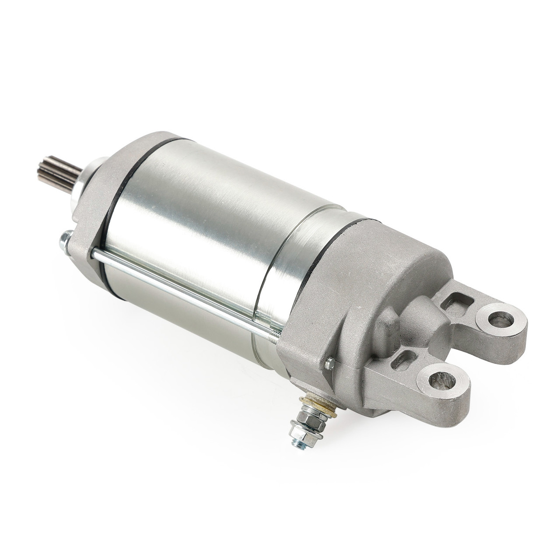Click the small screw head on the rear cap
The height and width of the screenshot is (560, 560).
(329, 362)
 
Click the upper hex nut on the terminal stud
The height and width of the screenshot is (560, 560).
(304, 413)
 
